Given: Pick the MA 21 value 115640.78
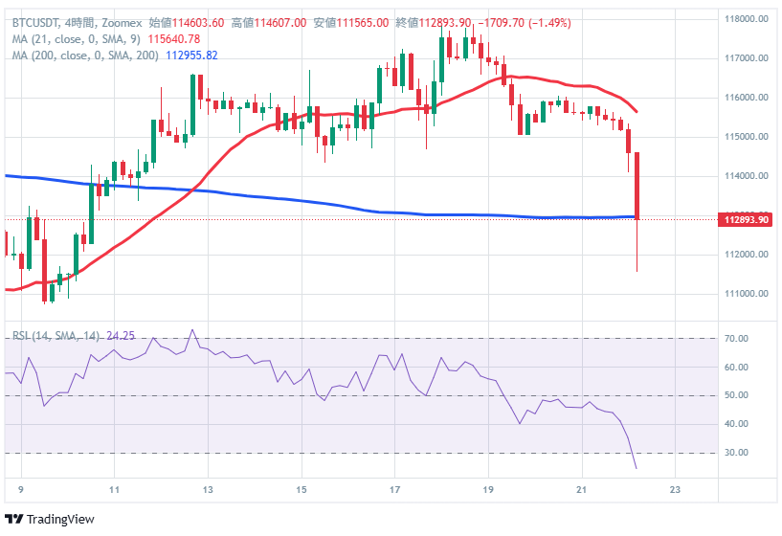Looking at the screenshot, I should (x=173, y=39).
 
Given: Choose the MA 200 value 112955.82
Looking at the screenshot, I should (x=191, y=56).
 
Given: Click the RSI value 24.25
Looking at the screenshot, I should (x=119, y=336).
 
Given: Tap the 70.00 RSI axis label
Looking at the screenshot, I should (x=735, y=339).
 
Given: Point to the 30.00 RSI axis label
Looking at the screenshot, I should (x=735, y=453).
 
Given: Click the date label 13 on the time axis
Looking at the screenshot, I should (x=208, y=488).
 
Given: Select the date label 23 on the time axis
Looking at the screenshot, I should (x=676, y=488).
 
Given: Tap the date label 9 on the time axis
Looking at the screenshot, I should (x=20, y=488).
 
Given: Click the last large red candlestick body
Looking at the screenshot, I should (x=637, y=185).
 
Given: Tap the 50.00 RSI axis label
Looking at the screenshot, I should (x=735, y=395).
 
